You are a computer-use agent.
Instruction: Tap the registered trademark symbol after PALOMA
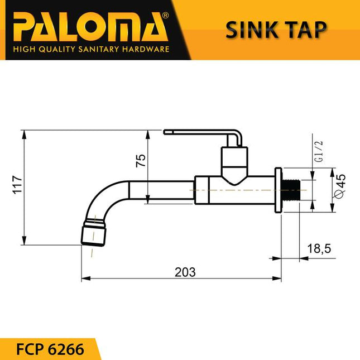(x=164, y=17)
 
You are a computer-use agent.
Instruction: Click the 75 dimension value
(x=141, y=161)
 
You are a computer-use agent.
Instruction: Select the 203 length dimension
(x=185, y=272)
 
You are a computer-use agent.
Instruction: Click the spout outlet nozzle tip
(x=94, y=234)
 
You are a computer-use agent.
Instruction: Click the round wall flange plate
(x=279, y=190)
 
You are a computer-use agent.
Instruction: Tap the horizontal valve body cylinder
(x=234, y=191)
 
